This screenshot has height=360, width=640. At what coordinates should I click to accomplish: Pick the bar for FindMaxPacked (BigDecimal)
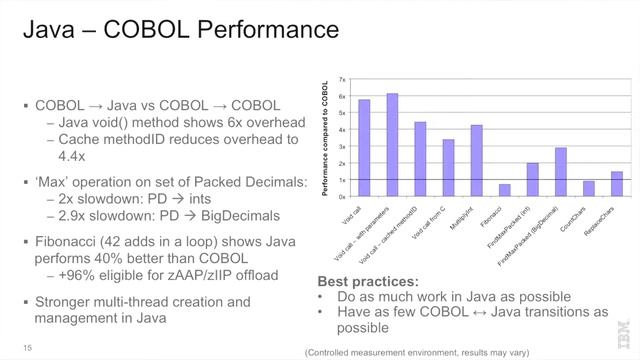pyautogui.click(x=561, y=164)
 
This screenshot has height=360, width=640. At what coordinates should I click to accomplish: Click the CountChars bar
pyautogui.click(x=588, y=188)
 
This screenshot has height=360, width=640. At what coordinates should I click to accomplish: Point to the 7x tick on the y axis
pyautogui.click(x=343, y=79)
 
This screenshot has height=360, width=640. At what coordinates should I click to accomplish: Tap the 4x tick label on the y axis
pyautogui.click(x=343, y=130)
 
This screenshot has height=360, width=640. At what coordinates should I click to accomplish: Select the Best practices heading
pyautogui.click(x=363, y=281)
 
